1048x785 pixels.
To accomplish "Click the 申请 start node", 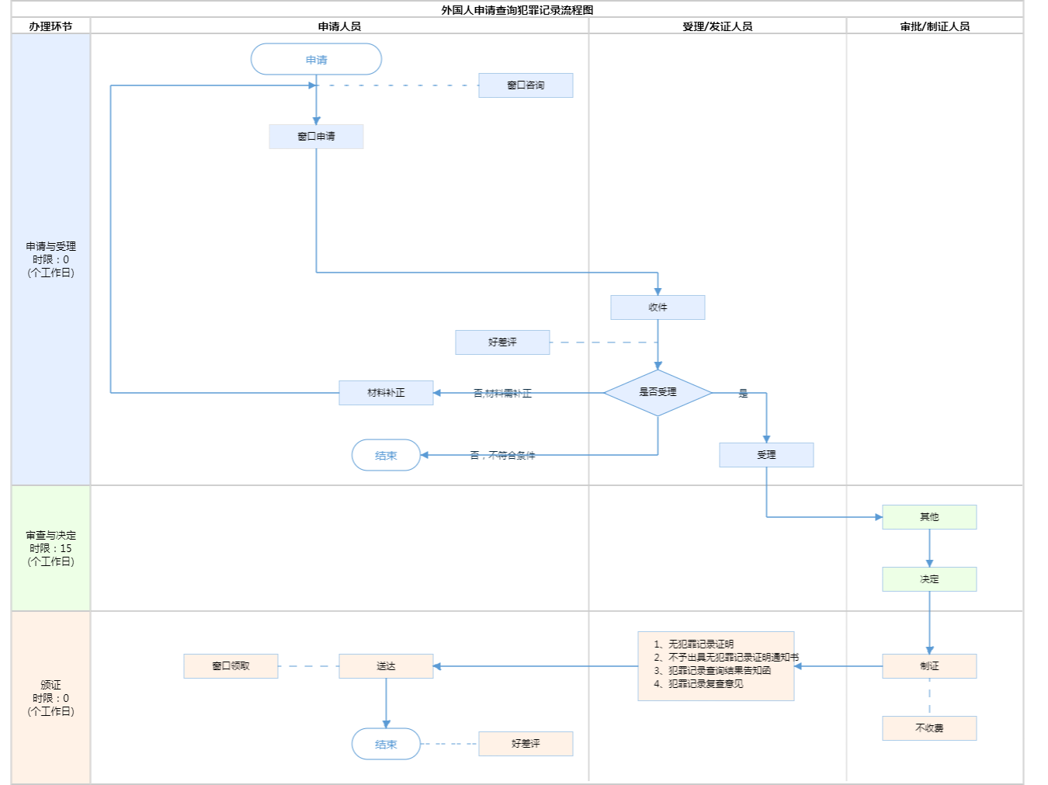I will click(x=316, y=60).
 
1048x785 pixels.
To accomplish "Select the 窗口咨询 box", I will click(x=526, y=85).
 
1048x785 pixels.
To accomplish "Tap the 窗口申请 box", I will click(x=316, y=137).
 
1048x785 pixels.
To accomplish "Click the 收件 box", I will click(x=658, y=307).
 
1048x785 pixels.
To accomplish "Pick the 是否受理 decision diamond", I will click(x=658, y=392).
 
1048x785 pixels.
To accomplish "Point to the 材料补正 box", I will click(x=386, y=393).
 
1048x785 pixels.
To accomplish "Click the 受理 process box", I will click(x=766, y=455).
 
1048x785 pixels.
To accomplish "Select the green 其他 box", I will click(x=929, y=517).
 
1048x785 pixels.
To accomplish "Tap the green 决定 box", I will click(x=929, y=579).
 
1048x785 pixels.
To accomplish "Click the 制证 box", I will click(x=929, y=666).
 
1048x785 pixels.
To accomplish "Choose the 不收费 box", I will click(x=929, y=728).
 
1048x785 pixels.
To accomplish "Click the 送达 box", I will click(x=386, y=666).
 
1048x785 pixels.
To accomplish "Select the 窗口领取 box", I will click(x=231, y=666).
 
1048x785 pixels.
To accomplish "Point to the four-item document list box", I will click(x=716, y=665).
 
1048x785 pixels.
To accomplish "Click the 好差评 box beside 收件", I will click(x=502, y=342).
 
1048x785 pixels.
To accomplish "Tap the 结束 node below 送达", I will click(x=386, y=744).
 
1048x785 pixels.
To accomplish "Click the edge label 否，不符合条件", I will click(x=502, y=456).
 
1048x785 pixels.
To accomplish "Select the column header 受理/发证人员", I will click(x=717, y=26).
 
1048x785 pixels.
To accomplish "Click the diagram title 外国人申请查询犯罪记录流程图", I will click(x=517, y=10).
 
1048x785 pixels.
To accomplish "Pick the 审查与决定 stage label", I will click(x=50, y=548).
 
